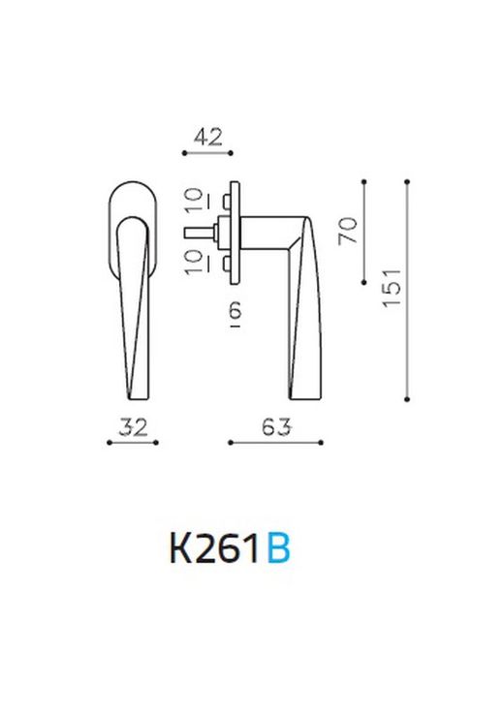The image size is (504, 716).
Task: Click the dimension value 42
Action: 207,137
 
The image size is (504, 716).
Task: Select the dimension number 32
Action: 132,427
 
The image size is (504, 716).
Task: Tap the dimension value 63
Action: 275,427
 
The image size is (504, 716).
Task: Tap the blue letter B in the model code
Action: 276,549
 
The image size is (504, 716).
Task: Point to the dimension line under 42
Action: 207,153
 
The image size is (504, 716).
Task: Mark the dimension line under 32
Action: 132,443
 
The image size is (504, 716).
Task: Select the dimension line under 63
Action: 275,443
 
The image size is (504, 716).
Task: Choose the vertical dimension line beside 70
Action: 364,231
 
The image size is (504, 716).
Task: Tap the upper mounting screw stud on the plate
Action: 226,200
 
